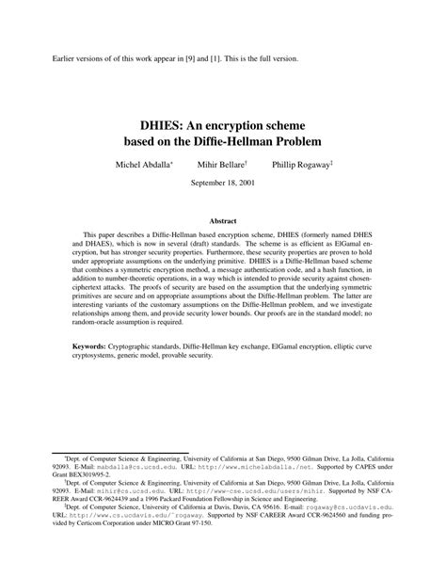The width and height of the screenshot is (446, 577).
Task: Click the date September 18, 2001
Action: click(x=223, y=182)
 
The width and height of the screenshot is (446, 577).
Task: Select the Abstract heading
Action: click(x=223, y=221)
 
